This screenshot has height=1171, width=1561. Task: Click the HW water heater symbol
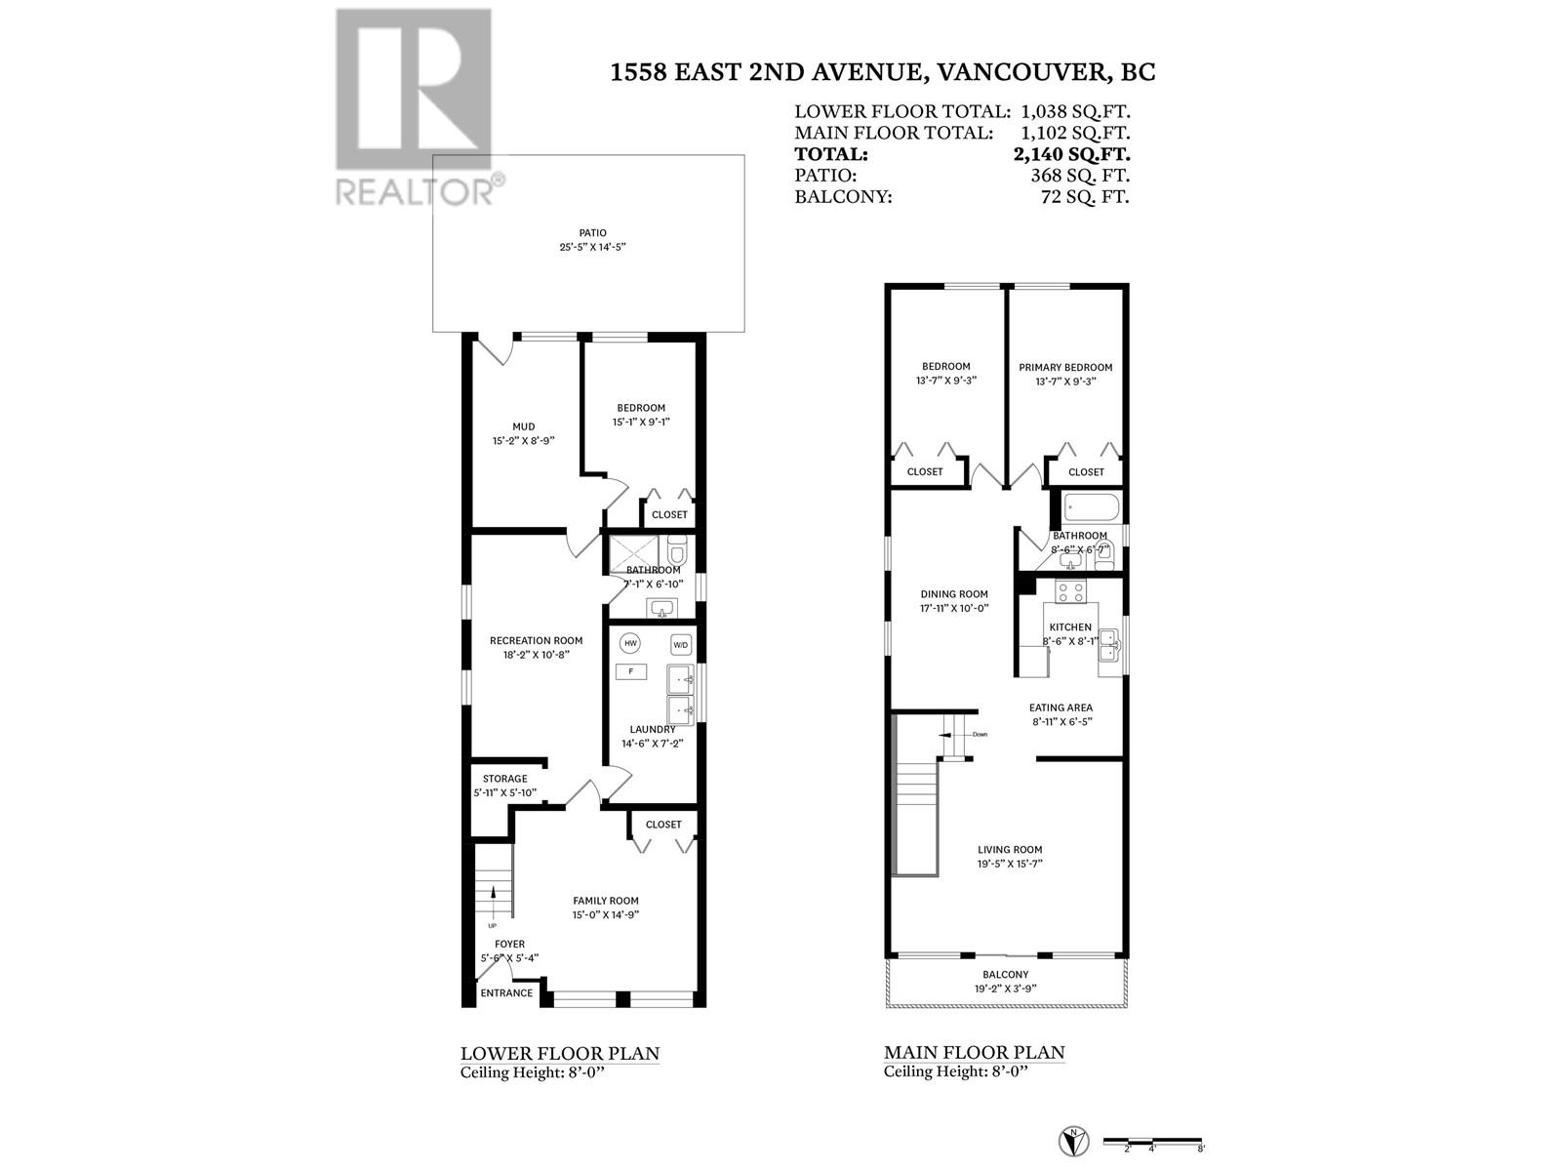[x=630, y=644]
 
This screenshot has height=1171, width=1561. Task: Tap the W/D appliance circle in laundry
[x=681, y=644]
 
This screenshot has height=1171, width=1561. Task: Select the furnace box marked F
[x=631, y=671]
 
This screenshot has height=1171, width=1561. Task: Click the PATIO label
[x=592, y=233]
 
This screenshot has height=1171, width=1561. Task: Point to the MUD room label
[x=524, y=426]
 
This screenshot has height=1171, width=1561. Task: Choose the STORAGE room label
[x=505, y=779]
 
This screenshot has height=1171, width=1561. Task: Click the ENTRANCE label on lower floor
[x=507, y=993]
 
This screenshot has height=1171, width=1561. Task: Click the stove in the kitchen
[x=1071, y=590]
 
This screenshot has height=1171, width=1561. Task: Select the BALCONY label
[x=1006, y=974]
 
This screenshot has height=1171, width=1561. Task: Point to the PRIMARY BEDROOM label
[x=1065, y=368]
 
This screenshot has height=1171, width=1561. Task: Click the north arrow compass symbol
[x=1072, y=1140]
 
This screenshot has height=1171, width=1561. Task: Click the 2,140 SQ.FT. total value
[x=1071, y=154]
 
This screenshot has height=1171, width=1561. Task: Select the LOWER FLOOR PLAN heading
[x=560, y=1054]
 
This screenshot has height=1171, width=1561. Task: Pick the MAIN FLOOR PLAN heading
[x=975, y=1053]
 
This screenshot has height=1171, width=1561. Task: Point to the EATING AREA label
[x=1061, y=707]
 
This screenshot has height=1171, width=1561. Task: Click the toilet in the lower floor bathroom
[x=678, y=552]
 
